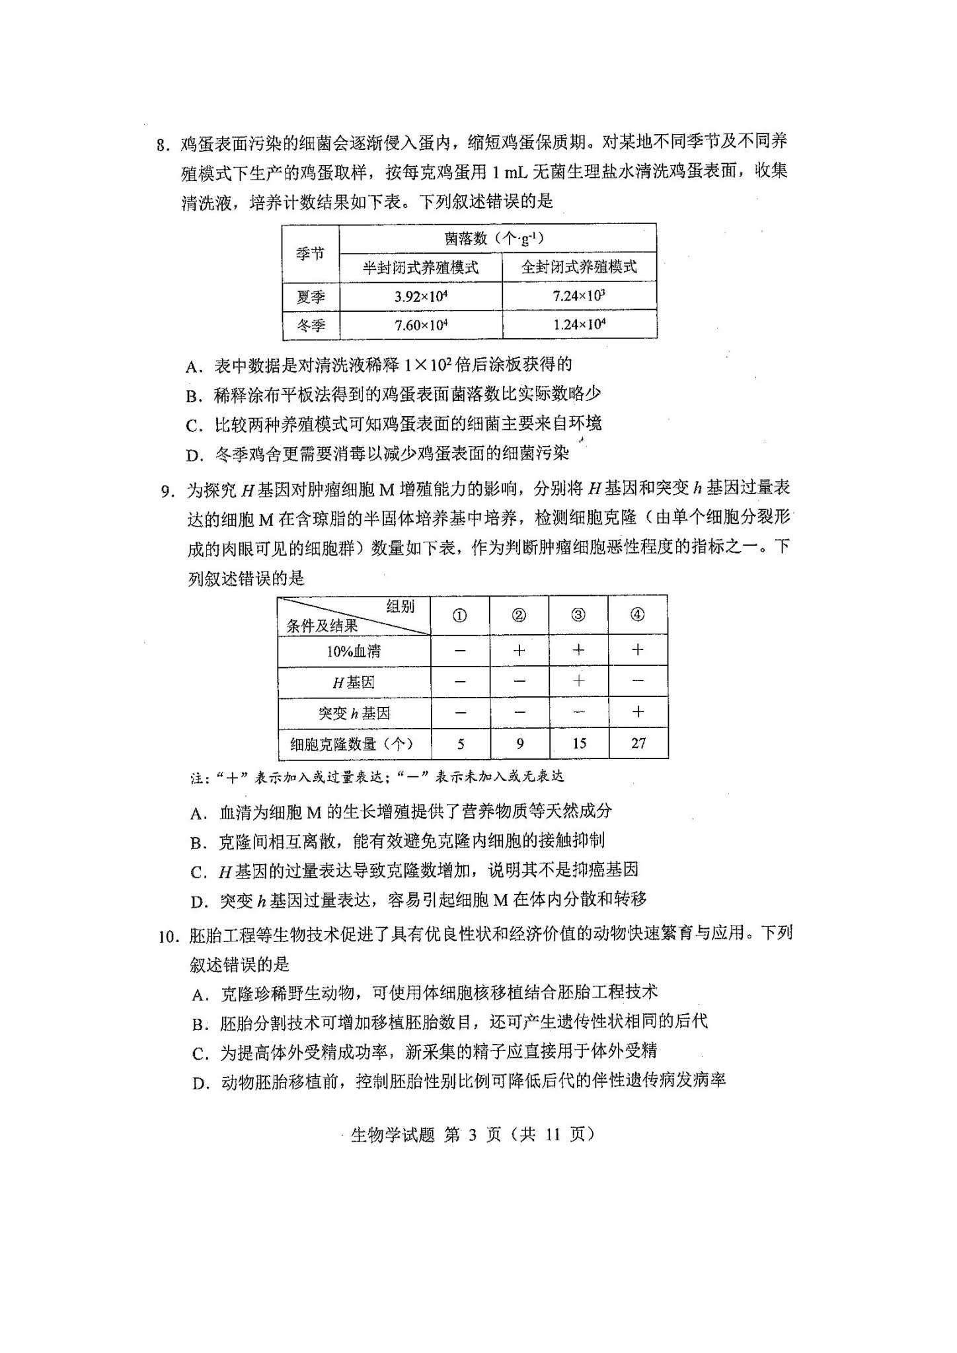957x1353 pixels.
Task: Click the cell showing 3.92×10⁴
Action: point(421,296)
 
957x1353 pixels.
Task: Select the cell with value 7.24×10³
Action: point(579,296)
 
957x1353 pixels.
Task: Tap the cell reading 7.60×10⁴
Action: point(421,325)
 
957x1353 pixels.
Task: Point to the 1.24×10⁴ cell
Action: point(579,325)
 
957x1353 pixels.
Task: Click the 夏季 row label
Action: point(311,297)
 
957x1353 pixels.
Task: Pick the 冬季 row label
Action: point(311,326)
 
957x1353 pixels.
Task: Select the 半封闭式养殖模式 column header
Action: point(421,268)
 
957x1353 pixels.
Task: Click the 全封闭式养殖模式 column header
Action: point(579,267)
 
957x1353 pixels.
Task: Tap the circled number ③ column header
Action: point(578,615)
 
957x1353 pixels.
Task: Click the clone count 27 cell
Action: point(638,743)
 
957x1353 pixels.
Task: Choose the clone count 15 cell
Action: point(579,743)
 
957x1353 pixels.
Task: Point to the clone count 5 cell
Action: point(461,744)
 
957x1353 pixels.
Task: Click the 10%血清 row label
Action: point(354,651)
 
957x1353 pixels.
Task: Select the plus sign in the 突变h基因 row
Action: point(638,712)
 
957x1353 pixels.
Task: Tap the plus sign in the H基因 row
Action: point(579,681)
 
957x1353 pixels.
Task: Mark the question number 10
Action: point(169,937)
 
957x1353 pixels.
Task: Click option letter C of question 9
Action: point(198,873)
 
